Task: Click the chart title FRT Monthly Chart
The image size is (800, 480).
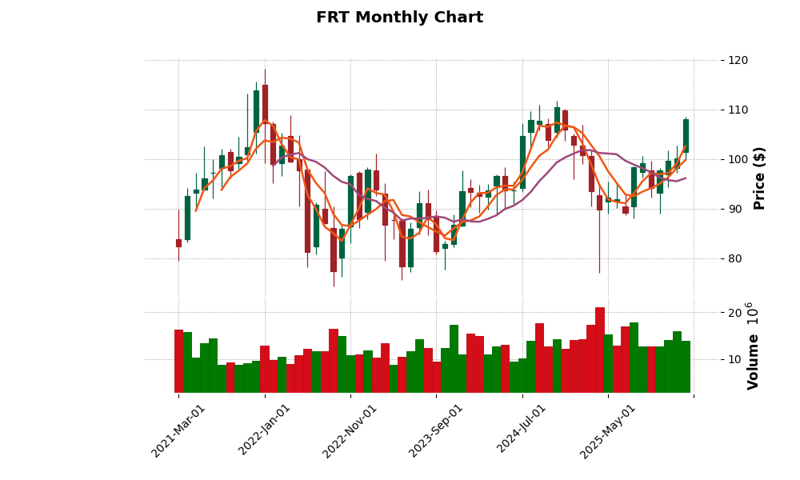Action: (x=399, y=18)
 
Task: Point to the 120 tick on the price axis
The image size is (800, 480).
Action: (x=738, y=60)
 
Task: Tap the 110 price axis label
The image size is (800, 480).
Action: (x=738, y=110)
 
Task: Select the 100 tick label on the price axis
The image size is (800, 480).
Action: (x=738, y=159)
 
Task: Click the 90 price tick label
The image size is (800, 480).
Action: (x=738, y=209)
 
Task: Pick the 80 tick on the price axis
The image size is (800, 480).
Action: (x=738, y=258)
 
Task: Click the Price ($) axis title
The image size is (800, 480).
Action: (x=760, y=178)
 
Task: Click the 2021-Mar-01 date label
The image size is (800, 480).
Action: (x=179, y=430)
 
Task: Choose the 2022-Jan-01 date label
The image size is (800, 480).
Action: (x=265, y=430)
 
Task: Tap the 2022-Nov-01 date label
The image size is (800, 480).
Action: (x=350, y=430)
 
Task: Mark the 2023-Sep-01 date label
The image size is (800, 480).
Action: (x=437, y=430)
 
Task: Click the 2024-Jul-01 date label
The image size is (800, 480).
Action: (x=522, y=430)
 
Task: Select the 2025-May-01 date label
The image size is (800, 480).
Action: (x=608, y=430)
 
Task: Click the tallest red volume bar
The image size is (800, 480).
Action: (x=600, y=350)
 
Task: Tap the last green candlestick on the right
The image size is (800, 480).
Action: (x=686, y=135)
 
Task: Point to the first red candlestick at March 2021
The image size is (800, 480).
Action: (x=178, y=242)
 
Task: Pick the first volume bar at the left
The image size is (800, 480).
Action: (x=178, y=361)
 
